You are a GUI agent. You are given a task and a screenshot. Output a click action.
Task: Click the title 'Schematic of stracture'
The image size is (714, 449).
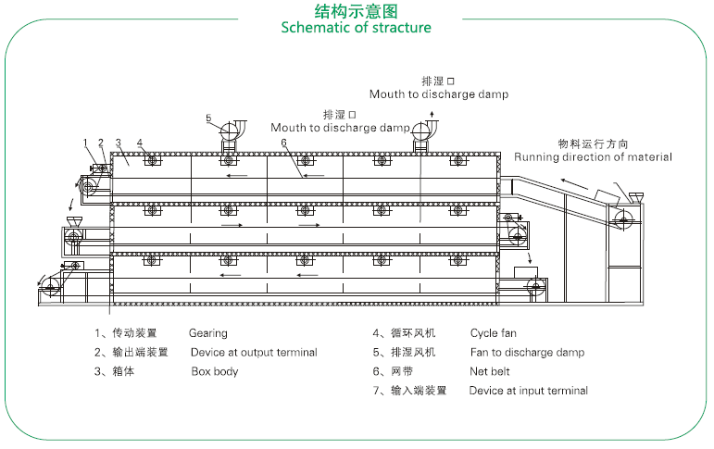[x=357, y=28]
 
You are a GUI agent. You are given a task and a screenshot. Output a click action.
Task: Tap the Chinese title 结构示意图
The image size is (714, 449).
[x=357, y=10]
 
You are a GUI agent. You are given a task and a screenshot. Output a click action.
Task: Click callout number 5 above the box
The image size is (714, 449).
[x=209, y=118]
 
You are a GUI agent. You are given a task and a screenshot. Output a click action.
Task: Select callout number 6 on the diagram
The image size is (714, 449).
[x=283, y=142]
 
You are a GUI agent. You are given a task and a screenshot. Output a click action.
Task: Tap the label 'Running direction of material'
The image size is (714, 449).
[x=593, y=157]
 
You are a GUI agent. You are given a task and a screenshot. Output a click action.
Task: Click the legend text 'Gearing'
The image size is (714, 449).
[x=207, y=332]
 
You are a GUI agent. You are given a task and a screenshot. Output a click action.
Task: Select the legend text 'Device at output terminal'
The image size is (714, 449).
[x=254, y=353]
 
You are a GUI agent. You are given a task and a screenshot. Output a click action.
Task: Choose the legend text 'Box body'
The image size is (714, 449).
[x=214, y=372]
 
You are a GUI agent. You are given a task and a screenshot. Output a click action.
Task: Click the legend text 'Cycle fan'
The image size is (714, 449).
[x=494, y=332]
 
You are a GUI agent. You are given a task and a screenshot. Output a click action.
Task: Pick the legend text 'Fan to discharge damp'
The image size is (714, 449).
[x=527, y=353]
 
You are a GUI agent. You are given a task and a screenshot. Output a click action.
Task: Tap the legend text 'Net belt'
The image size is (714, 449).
[x=491, y=372]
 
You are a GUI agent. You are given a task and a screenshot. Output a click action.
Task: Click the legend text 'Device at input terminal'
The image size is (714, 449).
[x=528, y=391]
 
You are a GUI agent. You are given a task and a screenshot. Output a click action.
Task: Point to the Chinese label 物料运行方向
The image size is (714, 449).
[x=593, y=143]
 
